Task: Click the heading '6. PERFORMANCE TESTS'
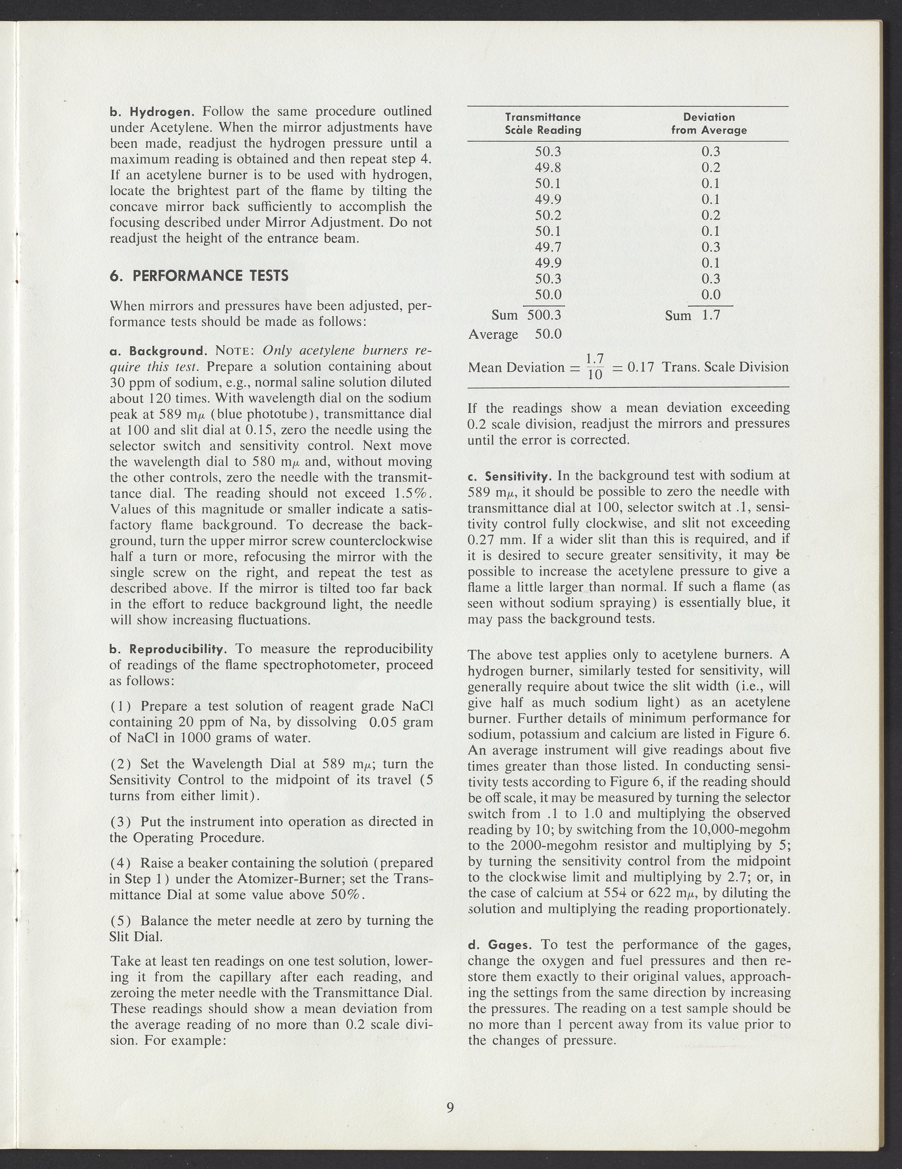[199, 276]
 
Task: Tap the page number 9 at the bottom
[450, 1107]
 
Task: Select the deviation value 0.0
[711, 294]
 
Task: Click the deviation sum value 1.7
[711, 315]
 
